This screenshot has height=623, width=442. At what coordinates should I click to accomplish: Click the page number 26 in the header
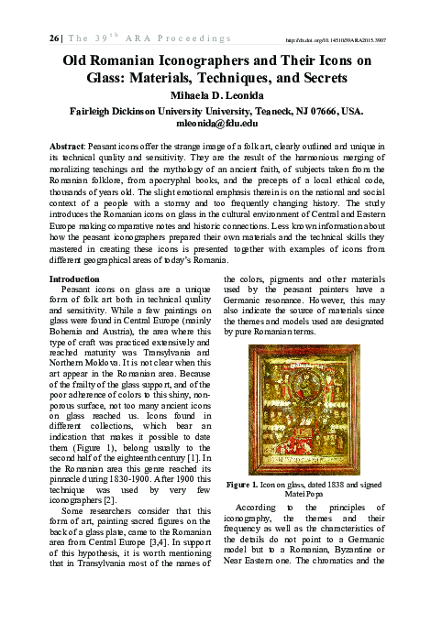pyautogui.click(x=28, y=39)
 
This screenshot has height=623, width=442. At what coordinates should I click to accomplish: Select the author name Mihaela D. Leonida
pyautogui.click(x=222, y=93)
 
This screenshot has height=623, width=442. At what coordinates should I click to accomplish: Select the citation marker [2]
pyautogui.click(x=108, y=528)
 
